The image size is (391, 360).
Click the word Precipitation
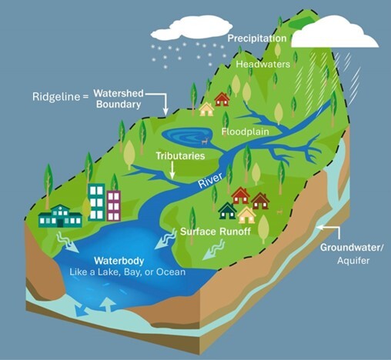click(256, 38)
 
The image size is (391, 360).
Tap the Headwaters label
click(263, 65)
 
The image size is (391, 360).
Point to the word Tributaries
click(180, 155)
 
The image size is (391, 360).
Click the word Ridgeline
click(56, 98)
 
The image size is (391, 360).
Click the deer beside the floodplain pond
click(205, 141)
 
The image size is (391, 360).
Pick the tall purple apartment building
click(114, 205)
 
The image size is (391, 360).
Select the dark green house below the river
click(227, 210)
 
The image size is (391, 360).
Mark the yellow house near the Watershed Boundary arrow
click(206, 109)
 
